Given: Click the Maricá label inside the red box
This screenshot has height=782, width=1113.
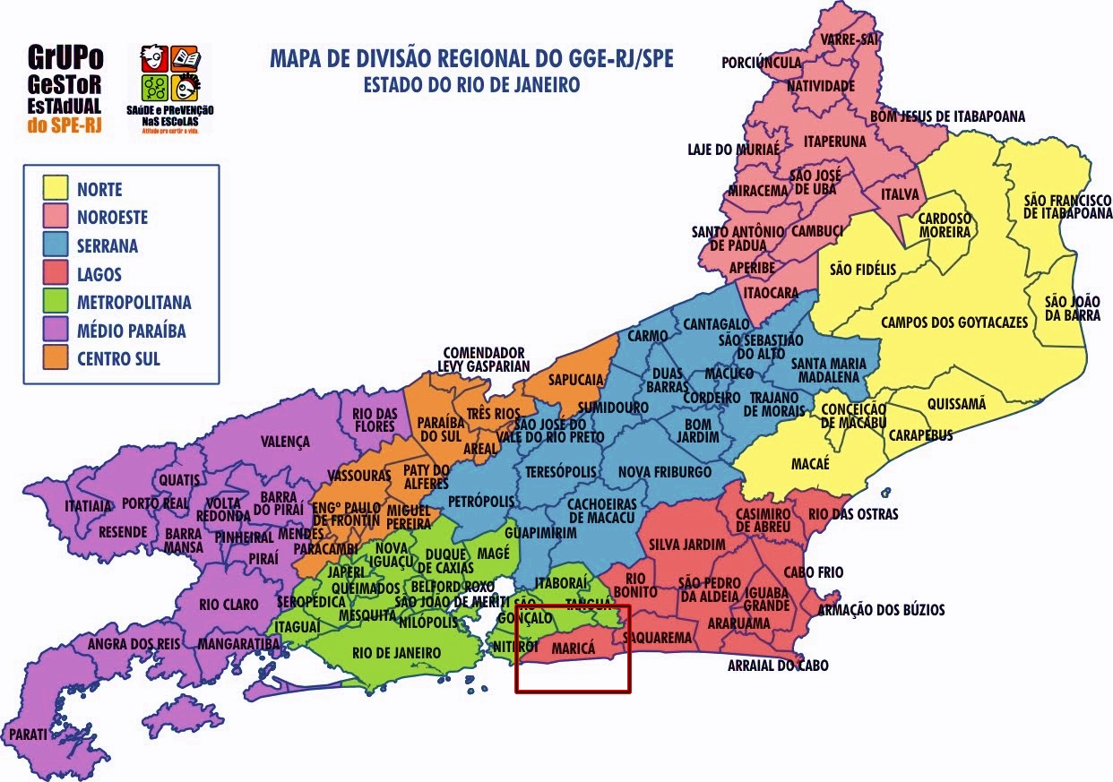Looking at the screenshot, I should pyautogui.click(x=574, y=647).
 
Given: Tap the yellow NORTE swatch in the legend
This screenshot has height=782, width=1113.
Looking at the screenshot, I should pyautogui.click(x=56, y=188).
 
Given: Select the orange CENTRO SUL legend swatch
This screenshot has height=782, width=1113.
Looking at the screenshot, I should pyautogui.click(x=56, y=359).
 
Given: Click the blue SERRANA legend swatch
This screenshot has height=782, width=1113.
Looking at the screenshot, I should pyautogui.click(x=56, y=245).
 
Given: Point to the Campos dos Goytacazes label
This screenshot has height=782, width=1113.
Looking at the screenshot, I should pyautogui.click(x=953, y=322).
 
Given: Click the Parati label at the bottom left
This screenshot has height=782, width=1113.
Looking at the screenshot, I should pyautogui.click(x=29, y=735).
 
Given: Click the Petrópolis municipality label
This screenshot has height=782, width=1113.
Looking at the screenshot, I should pyautogui.click(x=481, y=500).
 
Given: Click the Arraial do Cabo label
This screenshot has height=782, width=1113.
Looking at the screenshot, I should pyautogui.click(x=777, y=666).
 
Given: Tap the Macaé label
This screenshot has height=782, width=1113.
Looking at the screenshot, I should pyautogui.click(x=810, y=463).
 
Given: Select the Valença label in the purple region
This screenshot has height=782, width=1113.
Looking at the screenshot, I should pyautogui.click(x=285, y=442).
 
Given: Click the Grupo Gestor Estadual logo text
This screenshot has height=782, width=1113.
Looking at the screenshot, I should pyautogui.click(x=65, y=90).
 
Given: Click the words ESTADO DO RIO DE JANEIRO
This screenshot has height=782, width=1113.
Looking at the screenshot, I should pyautogui.click(x=471, y=85).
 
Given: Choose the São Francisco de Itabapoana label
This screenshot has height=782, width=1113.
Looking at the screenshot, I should pyautogui.click(x=1066, y=207).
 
